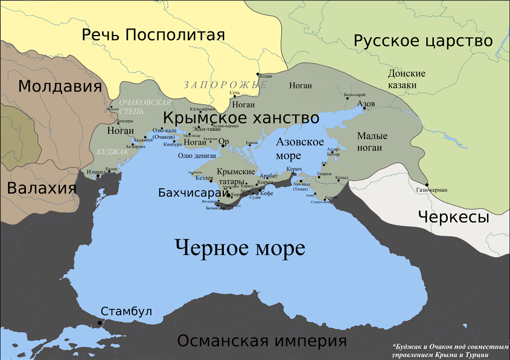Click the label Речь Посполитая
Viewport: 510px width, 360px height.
click(153, 35)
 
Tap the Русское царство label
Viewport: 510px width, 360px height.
click(423, 41)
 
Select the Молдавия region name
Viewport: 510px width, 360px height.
click(59, 86)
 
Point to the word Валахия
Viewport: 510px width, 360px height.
click(41, 188)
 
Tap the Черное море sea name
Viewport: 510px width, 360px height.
click(240, 248)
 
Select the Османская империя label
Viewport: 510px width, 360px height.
click(261, 341)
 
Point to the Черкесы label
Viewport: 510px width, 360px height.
click(453, 217)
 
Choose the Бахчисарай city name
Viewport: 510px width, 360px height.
click(193, 194)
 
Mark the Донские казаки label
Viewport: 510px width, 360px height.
click(406, 80)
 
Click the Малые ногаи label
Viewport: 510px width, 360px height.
click(372, 141)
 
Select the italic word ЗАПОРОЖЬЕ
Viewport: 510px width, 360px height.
click(225, 84)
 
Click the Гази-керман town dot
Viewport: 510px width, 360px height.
click(427, 185)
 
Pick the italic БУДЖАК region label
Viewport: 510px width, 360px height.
click(112, 151)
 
